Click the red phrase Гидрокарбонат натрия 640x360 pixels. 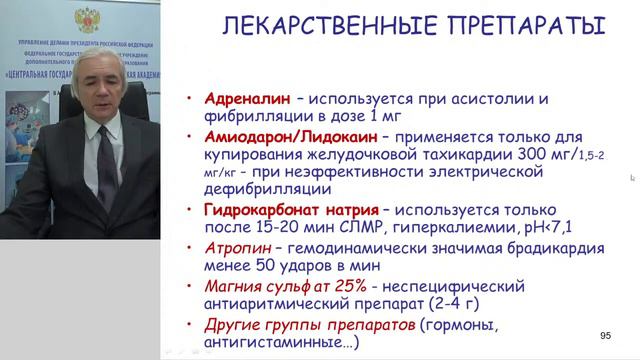tap(291, 209)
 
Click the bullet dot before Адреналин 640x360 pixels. tap(191, 100)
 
